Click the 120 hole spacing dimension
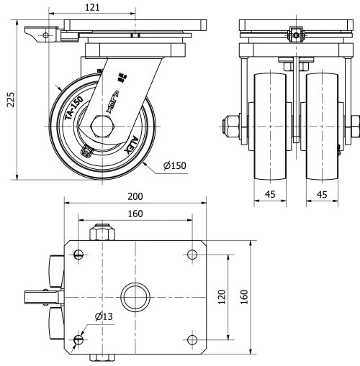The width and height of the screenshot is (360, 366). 222,297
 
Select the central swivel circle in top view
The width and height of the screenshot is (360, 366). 134,296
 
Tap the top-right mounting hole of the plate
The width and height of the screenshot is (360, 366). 191,253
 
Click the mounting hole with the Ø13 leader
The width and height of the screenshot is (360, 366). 78,339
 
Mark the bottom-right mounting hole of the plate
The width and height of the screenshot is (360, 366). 191,339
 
